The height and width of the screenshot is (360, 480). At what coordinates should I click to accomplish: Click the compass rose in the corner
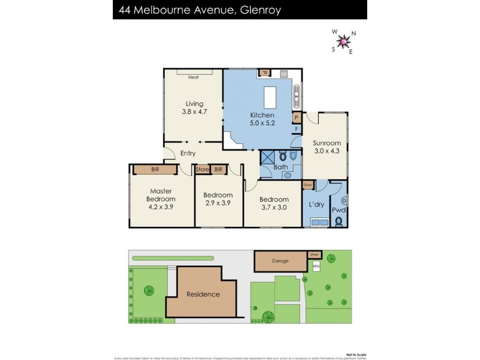coord(343,41)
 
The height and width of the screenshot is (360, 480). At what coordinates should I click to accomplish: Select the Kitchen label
coord(262,115)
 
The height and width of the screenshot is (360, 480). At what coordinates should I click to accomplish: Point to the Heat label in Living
coord(193,77)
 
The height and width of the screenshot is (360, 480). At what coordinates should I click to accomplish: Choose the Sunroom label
coord(326,143)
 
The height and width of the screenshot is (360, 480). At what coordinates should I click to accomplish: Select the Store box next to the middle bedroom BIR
coord(202,170)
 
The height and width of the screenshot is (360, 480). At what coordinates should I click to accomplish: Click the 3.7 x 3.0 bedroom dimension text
coord(274,208)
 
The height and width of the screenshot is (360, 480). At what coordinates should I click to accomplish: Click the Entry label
coord(188,154)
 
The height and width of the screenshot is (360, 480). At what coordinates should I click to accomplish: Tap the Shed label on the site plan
coord(314,254)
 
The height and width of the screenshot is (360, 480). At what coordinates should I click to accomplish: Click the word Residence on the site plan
coord(203,295)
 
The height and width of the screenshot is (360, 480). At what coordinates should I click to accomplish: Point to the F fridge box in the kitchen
coord(296,129)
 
